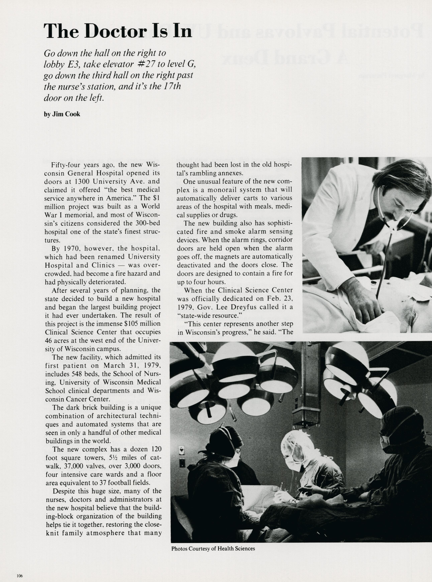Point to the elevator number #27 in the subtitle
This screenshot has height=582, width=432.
pos(146,64)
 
